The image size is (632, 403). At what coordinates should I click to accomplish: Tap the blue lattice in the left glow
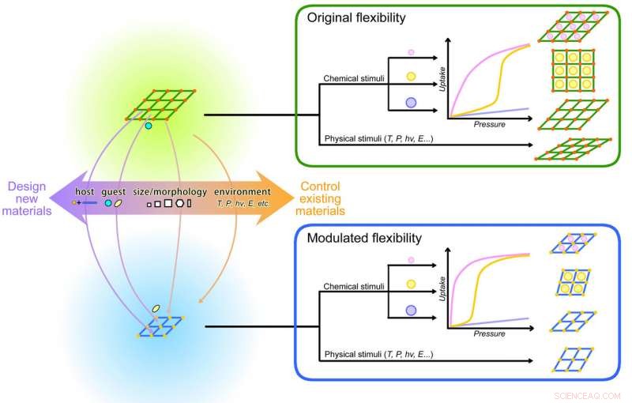(x=162, y=326)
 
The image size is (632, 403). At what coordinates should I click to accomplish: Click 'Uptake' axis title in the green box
(x=438, y=79)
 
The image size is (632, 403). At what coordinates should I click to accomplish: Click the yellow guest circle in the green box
(x=411, y=77)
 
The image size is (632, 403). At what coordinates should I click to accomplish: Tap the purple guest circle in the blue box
(x=411, y=312)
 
